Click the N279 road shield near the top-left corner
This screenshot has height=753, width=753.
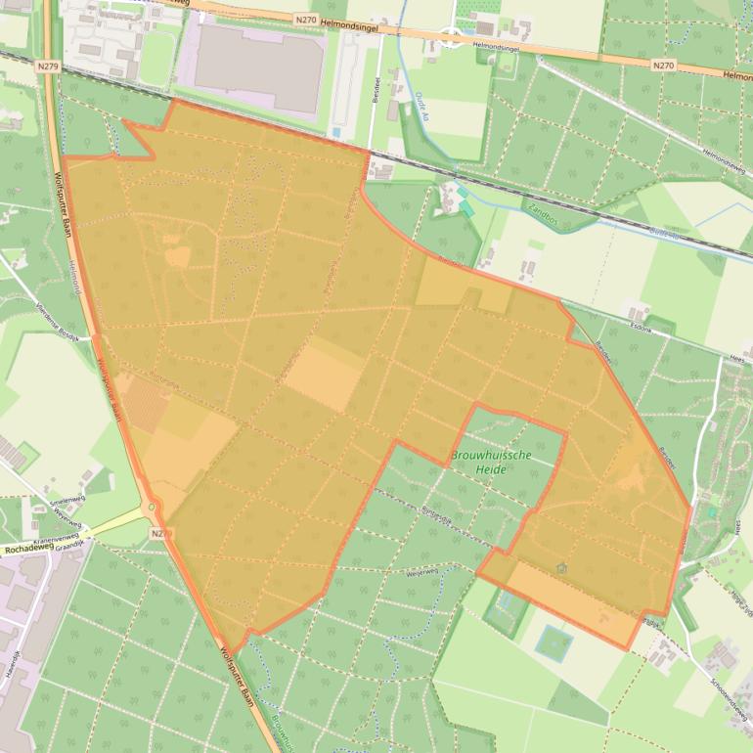point(44,66)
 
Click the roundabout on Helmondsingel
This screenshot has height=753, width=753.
point(452,39)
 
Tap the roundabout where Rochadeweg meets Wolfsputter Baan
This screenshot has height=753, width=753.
point(152,508)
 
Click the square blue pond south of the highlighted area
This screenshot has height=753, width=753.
point(554,642)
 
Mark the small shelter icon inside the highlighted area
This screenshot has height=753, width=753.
point(561,567)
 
